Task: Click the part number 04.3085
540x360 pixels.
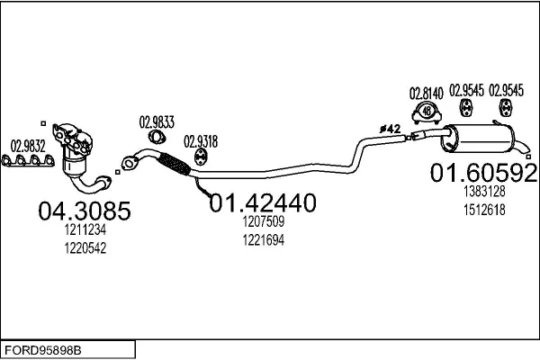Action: [84, 211]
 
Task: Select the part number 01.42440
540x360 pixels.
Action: [262, 204]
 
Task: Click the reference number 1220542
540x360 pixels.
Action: [85, 249]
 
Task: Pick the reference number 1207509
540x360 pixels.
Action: [262, 221]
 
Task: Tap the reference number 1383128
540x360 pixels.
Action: [483, 193]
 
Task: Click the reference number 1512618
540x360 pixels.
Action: [483, 210]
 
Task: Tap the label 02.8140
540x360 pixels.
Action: [426, 91]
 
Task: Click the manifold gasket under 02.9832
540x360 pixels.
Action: [26, 162]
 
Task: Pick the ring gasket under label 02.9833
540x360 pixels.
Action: [156, 137]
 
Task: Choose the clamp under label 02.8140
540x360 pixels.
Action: [426, 112]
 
